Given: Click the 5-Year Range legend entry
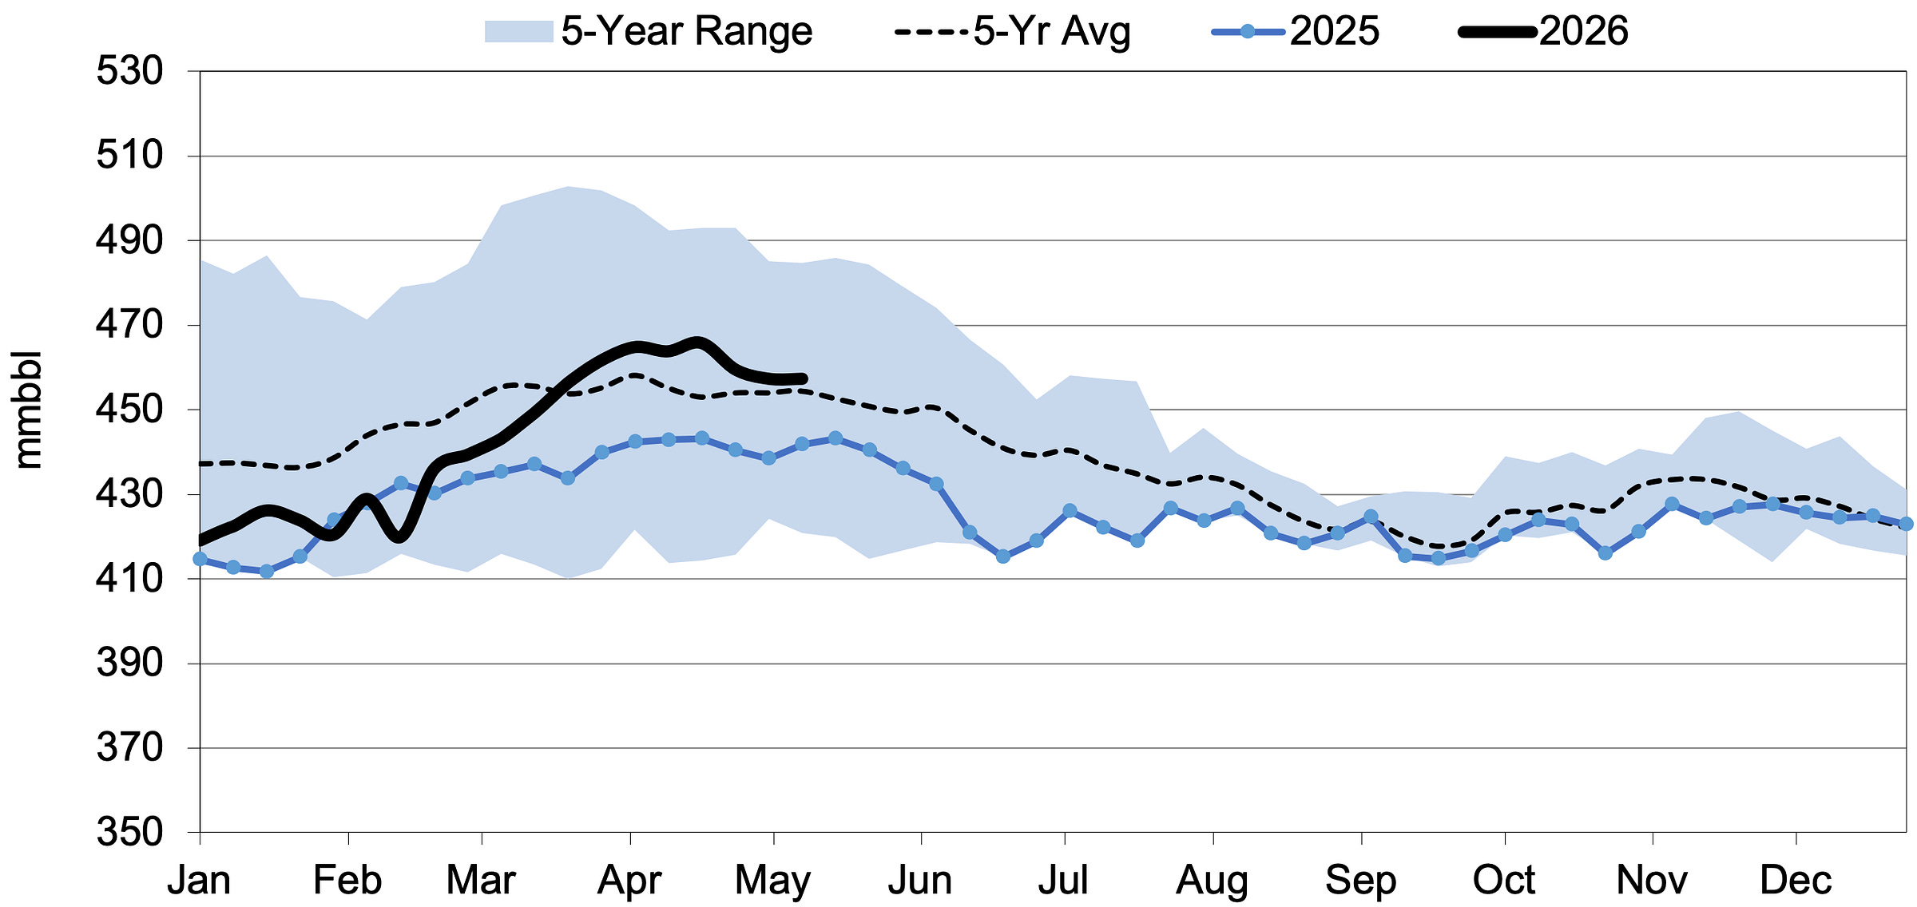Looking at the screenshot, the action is [649, 32].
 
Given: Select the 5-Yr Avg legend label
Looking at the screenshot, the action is [1052, 32].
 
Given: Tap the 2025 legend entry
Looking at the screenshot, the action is [1296, 32].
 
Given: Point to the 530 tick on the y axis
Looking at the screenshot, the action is [129, 71].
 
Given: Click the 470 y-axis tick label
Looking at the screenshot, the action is [129, 325].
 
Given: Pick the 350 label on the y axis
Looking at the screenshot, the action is [129, 832].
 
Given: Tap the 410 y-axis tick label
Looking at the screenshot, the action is [129, 578].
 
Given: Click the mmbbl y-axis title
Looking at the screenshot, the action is [29, 409].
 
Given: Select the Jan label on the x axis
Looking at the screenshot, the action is [199, 881].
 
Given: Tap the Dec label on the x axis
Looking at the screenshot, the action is [1796, 881].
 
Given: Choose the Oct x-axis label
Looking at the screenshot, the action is [1504, 881].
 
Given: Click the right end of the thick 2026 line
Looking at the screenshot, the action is [804, 378].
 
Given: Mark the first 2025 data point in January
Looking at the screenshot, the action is [200, 559].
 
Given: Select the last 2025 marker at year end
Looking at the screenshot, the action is [1906, 524].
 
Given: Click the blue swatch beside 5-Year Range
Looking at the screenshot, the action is [518, 32].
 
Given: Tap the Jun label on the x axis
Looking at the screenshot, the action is [921, 881].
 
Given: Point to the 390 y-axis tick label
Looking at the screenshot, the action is [129, 663].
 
